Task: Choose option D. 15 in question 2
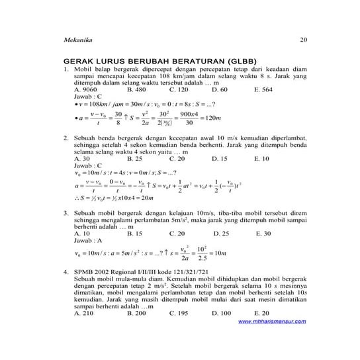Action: click(220, 159)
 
